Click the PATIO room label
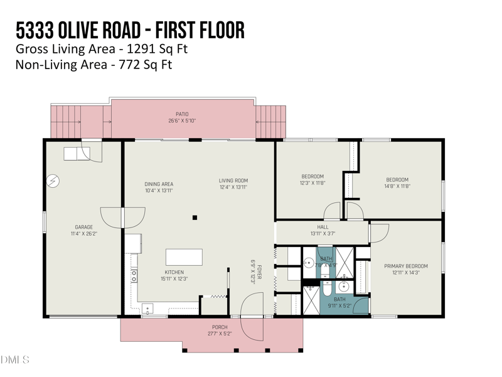182,114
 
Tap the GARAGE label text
84,227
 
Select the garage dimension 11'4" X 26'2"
84,233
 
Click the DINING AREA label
159,184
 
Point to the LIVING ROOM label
233,181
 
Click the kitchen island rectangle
184,257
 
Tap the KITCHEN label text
174,272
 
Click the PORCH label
219,327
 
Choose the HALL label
323,227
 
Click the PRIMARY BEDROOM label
405,266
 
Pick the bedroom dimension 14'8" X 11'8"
397,186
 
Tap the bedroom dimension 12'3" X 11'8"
312,183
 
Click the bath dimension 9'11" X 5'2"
339,306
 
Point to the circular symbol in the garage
53,181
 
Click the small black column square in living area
195,217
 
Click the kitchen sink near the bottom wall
147,308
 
